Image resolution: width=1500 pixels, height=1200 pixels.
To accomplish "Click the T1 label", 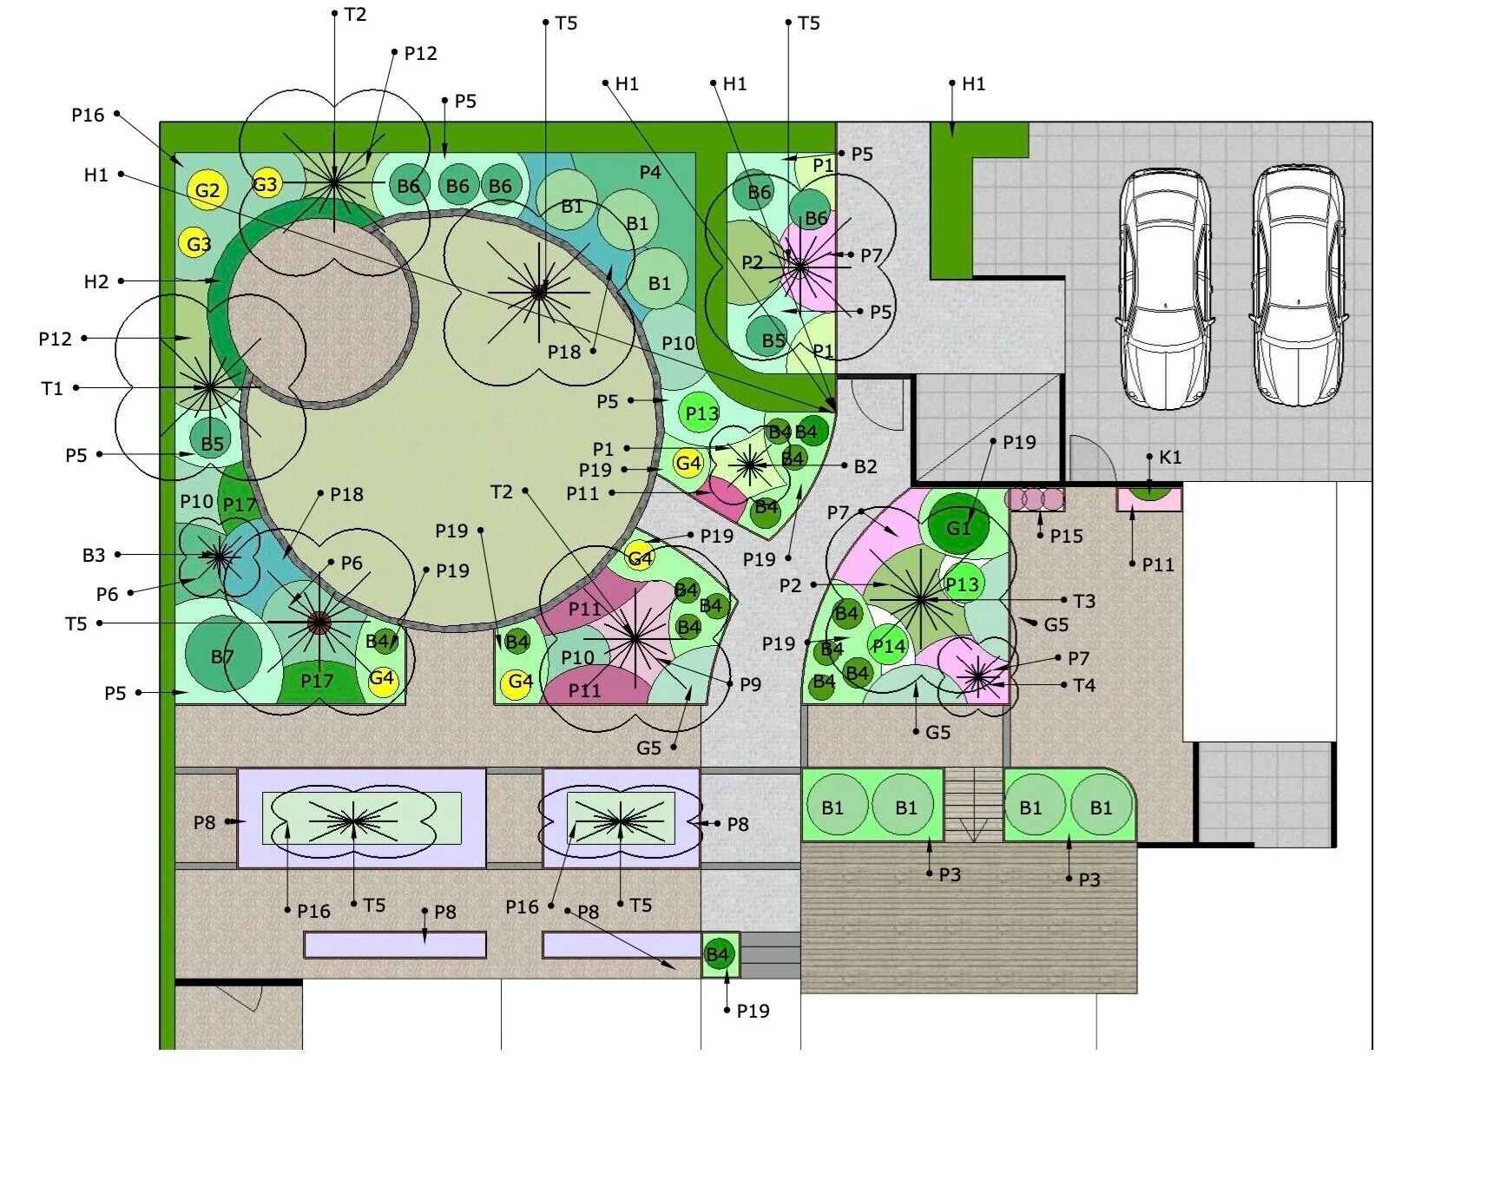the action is (x=52, y=388).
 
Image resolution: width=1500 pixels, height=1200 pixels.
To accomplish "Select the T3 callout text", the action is (x=1084, y=601).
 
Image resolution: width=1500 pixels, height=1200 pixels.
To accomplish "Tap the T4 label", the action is (x=1084, y=685).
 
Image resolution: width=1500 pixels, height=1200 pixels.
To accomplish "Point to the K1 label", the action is (x=1170, y=457).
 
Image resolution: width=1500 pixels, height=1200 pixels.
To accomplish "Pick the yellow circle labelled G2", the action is (x=207, y=190).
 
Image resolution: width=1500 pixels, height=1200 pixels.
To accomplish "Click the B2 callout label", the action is (x=865, y=466).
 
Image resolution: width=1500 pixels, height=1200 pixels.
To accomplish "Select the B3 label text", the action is (x=94, y=555).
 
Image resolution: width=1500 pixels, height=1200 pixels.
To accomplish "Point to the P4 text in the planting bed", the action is (x=650, y=172).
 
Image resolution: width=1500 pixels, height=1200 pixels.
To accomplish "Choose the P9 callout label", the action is (x=750, y=684).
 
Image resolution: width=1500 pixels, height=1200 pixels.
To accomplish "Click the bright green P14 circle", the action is (x=889, y=646).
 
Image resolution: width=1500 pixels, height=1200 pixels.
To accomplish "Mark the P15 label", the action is (x=1066, y=536).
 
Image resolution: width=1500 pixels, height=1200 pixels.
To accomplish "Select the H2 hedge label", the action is (x=96, y=281).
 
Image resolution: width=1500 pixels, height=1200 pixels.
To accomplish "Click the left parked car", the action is (x=1164, y=287).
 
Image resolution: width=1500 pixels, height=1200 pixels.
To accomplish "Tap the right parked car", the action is (x=1299, y=286).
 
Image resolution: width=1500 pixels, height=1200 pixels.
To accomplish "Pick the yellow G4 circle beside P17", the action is (x=382, y=678).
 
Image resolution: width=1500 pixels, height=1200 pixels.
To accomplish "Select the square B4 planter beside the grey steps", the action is (x=720, y=955).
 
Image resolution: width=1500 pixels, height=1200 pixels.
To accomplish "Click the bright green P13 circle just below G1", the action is (x=962, y=584).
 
